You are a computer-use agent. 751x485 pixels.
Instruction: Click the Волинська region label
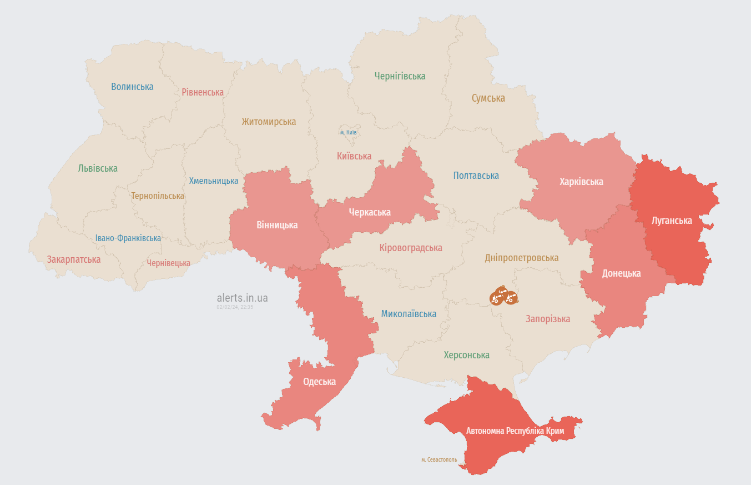tap(132, 87)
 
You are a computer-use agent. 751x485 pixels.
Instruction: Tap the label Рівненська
tap(203, 92)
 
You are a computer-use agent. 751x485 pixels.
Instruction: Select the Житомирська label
tap(269, 122)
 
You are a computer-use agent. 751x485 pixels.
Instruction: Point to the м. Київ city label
tap(348, 133)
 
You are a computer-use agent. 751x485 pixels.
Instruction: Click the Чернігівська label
tap(400, 76)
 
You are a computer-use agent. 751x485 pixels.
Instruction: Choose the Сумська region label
tap(488, 98)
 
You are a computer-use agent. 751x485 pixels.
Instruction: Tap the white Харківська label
tap(581, 182)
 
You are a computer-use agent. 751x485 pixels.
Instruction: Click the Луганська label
tap(672, 221)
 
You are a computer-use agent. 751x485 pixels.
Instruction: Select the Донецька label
tap(621, 273)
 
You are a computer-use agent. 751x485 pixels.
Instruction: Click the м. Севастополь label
tap(439, 460)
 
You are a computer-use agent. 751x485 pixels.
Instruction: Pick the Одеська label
tap(319, 382)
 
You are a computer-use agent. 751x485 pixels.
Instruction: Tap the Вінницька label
tap(277, 225)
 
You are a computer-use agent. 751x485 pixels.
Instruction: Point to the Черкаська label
tap(370, 212)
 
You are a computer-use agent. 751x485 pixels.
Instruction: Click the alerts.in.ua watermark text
tap(242, 298)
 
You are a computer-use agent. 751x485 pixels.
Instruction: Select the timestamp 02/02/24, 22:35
tap(235, 307)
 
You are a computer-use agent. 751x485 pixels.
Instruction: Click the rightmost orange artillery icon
tap(511, 298)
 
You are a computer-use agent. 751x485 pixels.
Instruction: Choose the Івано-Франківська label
tap(128, 238)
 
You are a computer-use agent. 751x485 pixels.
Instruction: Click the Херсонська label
tap(466, 355)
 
